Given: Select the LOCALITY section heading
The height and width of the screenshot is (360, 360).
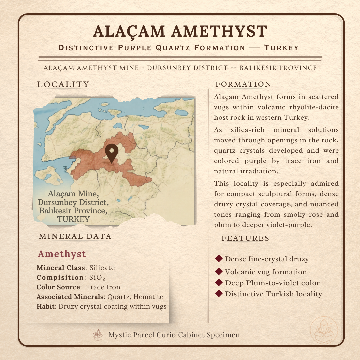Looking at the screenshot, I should click(x=63, y=85).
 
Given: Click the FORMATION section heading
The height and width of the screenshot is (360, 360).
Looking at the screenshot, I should click(x=244, y=85).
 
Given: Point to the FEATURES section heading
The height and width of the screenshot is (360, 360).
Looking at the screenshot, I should click(x=245, y=238).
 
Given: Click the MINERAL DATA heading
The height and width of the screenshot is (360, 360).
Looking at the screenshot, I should click(x=75, y=236).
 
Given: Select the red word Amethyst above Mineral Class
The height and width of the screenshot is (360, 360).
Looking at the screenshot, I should click(x=62, y=254).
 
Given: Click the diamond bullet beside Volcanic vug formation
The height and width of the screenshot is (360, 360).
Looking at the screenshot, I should click(x=219, y=271).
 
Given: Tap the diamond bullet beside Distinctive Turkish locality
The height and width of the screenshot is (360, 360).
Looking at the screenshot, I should click(x=219, y=293).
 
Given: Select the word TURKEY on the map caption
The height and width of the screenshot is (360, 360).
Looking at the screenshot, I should click(x=73, y=219).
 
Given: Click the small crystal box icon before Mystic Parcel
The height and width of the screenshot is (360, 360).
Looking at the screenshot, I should click(x=98, y=335).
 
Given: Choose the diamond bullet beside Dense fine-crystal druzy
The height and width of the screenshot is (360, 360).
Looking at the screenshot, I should click(x=219, y=258).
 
